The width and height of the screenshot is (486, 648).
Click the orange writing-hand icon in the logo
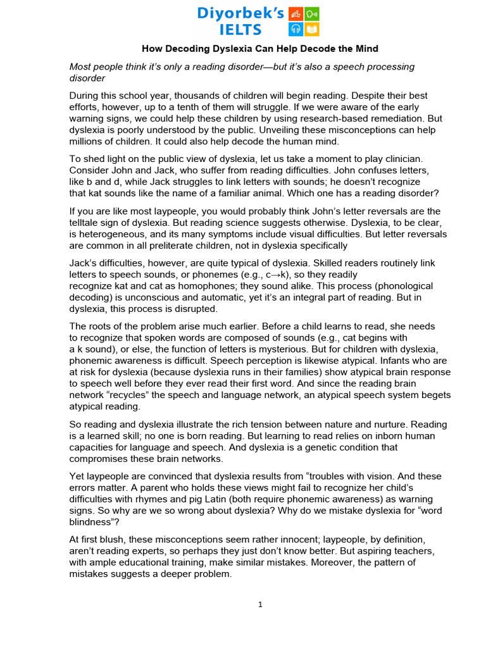pyautogui.click(x=296, y=14)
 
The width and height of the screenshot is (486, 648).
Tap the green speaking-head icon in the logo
pyautogui.click(x=312, y=14)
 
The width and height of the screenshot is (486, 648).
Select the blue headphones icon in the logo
pyautogui.click(x=296, y=30)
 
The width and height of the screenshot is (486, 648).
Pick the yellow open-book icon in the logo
pyautogui.click(x=312, y=30)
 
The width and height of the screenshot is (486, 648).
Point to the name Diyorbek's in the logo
pyautogui.click(x=241, y=13)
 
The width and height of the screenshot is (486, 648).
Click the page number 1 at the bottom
pyautogui.click(x=260, y=604)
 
